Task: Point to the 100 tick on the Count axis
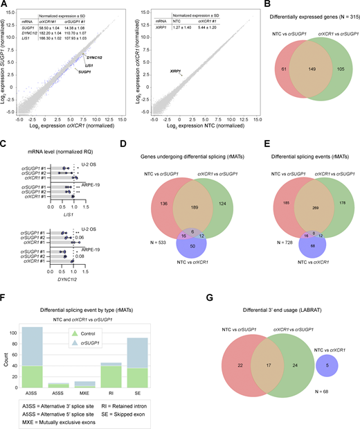tap(18, 332)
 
